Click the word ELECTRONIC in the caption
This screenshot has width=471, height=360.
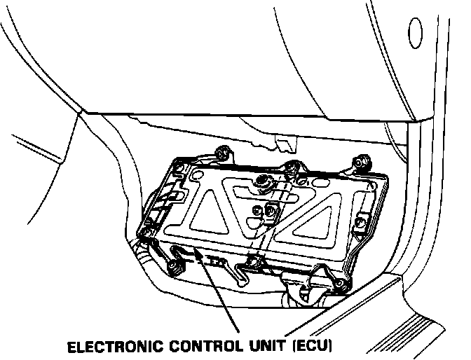(x=115, y=346)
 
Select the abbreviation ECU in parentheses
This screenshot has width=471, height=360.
(x=313, y=346)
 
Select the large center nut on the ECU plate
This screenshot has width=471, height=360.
(x=265, y=183)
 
